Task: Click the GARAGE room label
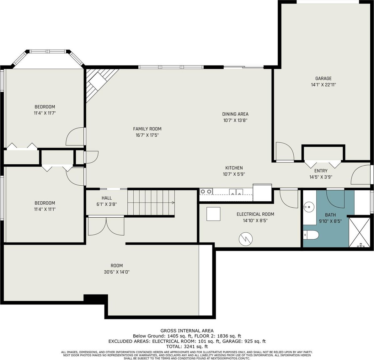pyautogui.click(x=323, y=78)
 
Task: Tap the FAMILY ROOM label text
pyautogui.click(x=147, y=129)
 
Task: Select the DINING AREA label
pyautogui.click(x=235, y=114)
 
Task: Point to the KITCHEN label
pyautogui.click(x=234, y=168)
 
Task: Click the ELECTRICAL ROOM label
pyautogui.click(x=255, y=214)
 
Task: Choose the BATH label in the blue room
pyautogui.click(x=330, y=215)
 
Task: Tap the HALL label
pyautogui.click(x=107, y=198)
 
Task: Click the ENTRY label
pyautogui.click(x=321, y=171)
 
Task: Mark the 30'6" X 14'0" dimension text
pyautogui.click(x=117, y=272)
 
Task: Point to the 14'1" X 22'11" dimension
pyautogui.click(x=323, y=85)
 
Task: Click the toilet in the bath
pyautogui.click(x=311, y=235)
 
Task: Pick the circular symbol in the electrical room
pyautogui.click(x=246, y=239)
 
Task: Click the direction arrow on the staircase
pyautogui.click(x=173, y=203)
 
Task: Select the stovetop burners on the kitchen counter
pyautogui.click(x=206, y=191)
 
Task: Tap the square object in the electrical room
pyautogui.click(x=213, y=214)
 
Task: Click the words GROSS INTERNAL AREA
pyautogui.click(x=187, y=331)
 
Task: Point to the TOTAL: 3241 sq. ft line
pyautogui.click(x=187, y=347)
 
